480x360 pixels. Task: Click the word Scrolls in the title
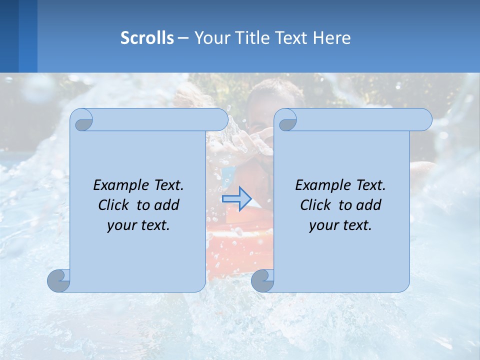(x=147, y=38)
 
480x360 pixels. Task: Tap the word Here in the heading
(x=331, y=38)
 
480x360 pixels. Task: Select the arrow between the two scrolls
(x=236, y=198)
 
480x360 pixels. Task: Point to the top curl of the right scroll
(x=287, y=120)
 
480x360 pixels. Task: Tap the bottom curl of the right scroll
(x=262, y=280)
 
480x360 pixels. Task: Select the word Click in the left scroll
(x=114, y=205)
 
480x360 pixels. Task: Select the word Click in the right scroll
(x=315, y=205)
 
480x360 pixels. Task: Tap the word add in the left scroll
(x=167, y=205)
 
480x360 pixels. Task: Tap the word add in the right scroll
(x=369, y=205)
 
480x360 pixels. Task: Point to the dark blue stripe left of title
(x=9, y=36)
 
